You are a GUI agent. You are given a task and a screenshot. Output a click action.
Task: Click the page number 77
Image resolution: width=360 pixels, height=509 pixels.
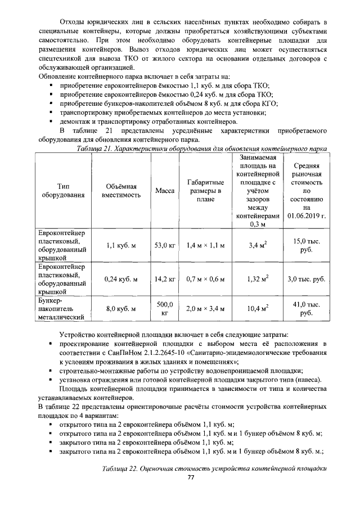191,478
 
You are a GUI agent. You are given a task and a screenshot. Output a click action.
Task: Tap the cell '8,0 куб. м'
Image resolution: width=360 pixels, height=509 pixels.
121,309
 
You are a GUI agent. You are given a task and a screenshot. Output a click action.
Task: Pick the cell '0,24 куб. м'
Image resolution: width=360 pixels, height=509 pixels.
121,279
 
